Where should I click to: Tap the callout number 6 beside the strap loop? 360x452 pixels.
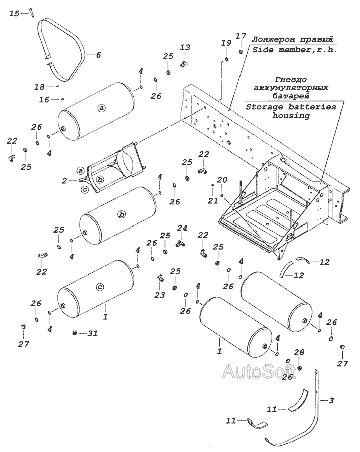(x=98, y=55)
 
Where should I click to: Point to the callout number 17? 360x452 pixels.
(x=241, y=36)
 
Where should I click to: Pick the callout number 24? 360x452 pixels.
(x=182, y=228)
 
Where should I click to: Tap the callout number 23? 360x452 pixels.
(x=160, y=295)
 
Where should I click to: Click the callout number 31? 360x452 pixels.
(x=93, y=333)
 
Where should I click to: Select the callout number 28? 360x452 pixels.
(x=299, y=354)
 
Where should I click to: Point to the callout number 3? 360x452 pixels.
(x=331, y=400)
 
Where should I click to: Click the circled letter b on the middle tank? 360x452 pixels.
(x=121, y=214)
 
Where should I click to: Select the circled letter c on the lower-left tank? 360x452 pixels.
(x=99, y=287)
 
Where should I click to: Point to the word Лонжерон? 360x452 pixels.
(x=272, y=39)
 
